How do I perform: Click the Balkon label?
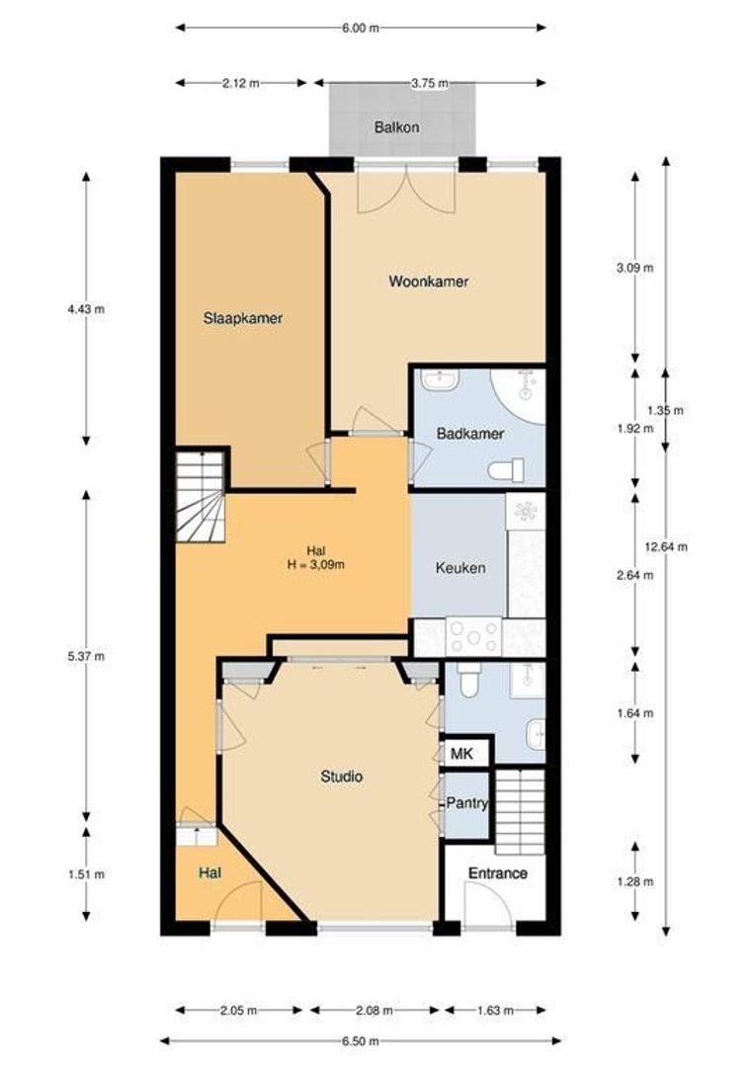pyautogui.click(x=396, y=127)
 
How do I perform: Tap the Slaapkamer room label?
pyautogui.click(x=243, y=318)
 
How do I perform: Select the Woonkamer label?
pyautogui.click(x=429, y=281)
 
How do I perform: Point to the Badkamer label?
pyautogui.click(x=470, y=434)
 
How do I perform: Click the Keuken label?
pyautogui.click(x=461, y=567)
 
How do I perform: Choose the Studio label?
pyautogui.click(x=342, y=777)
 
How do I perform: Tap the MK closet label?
pyautogui.click(x=462, y=754)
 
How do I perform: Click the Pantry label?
pyautogui.click(x=467, y=803)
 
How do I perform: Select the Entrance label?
pyautogui.click(x=498, y=873)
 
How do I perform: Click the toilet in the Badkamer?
pyautogui.click(x=507, y=470)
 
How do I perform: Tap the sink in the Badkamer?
pyautogui.click(x=440, y=379)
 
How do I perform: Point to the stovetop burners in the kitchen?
pyautogui.click(x=473, y=637)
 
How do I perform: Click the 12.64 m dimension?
pyautogui.click(x=666, y=546)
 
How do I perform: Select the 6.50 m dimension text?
pyautogui.click(x=361, y=1041)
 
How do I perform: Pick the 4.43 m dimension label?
pyautogui.click(x=86, y=309)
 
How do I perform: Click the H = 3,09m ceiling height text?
pyautogui.click(x=316, y=564)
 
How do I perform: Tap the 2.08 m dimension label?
pyautogui.click(x=375, y=1011)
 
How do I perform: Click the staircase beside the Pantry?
pyautogui.click(x=520, y=811)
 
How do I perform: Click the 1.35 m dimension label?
pyautogui.click(x=665, y=410)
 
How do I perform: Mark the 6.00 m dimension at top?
pyautogui.click(x=361, y=28)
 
